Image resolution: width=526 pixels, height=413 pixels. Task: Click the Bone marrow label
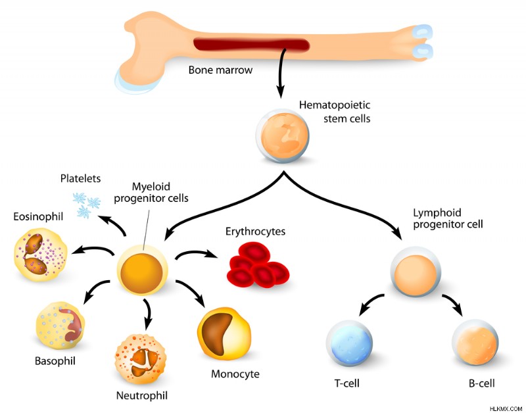[220, 70]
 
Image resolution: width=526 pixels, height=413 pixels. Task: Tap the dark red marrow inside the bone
[252, 45]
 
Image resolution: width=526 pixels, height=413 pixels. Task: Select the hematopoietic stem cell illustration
[283, 135]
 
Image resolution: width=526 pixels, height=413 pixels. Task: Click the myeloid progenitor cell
[142, 270]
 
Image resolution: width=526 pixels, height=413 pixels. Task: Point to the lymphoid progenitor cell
[416, 272]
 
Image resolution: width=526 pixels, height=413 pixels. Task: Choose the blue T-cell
[350, 343]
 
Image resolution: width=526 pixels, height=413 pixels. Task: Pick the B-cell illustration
[475, 342]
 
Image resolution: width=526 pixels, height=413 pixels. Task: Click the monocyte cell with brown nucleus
[224, 333]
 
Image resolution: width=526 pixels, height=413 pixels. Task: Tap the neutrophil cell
[141, 359]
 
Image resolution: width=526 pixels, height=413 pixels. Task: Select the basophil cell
[60, 326]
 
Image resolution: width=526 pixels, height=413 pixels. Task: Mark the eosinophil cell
[41, 255]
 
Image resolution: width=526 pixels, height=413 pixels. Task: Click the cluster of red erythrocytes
[258, 265]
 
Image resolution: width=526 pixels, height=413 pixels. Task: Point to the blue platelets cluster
[87, 205]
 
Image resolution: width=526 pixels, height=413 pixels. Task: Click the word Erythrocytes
[255, 231]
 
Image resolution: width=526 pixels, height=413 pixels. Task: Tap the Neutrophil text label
[141, 395]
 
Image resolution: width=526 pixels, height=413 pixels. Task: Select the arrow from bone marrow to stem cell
[281, 72]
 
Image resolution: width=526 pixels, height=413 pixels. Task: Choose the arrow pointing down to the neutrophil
[147, 313]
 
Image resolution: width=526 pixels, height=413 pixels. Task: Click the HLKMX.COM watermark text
[506, 409]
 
